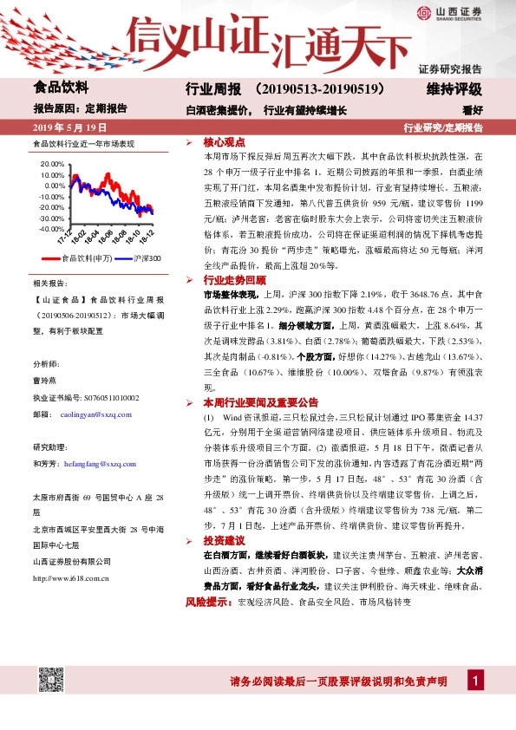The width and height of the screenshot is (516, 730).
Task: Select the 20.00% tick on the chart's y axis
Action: click(x=52, y=163)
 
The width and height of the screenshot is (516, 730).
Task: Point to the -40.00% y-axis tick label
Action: click(x=52, y=229)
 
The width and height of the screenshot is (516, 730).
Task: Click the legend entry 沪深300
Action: click(x=143, y=258)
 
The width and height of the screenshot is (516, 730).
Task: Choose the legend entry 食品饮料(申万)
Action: click(x=83, y=258)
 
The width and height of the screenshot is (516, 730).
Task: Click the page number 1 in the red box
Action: click(x=474, y=681)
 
